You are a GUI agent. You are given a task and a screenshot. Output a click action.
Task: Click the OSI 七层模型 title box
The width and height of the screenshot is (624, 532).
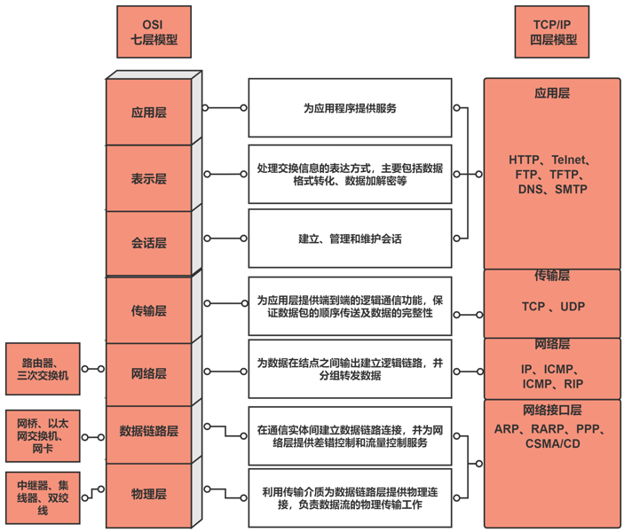pyautogui.click(x=148, y=32)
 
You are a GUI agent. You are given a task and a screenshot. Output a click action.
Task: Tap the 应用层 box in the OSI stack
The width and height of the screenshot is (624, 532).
pyautogui.click(x=148, y=113)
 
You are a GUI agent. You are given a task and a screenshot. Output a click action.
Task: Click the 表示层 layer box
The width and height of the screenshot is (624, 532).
pyautogui.click(x=148, y=178)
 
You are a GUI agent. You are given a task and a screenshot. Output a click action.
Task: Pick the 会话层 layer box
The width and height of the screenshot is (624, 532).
pyautogui.click(x=148, y=242)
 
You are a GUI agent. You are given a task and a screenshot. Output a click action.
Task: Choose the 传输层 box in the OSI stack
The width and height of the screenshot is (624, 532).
pyautogui.click(x=148, y=310)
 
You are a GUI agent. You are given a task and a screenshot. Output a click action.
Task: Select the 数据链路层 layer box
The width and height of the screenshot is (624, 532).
pyautogui.click(x=148, y=431)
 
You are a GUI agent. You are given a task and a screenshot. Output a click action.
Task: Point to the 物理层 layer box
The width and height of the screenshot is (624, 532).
pyautogui.click(x=148, y=494)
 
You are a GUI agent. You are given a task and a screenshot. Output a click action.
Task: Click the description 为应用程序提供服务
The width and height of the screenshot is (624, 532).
pyautogui.click(x=350, y=108)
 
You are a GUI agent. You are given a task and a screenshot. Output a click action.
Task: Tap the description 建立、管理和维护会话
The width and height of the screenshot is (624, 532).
pyautogui.click(x=350, y=239)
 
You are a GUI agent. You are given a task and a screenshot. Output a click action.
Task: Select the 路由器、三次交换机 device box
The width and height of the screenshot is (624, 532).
pyautogui.click(x=42, y=369)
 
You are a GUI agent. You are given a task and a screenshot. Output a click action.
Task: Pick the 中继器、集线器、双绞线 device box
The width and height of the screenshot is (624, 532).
pyautogui.click(x=42, y=497)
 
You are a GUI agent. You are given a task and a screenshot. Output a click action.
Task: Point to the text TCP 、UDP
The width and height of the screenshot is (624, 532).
pyautogui.click(x=552, y=307)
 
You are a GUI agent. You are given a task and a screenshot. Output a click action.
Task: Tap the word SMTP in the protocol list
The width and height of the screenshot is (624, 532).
pyautogui.click(x=571, y=189)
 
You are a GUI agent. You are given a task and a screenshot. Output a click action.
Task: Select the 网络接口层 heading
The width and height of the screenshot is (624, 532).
pyautogui.click(x=552, y=410)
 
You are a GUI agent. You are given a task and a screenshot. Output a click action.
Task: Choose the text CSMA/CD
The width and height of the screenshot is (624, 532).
pyautogui.click(x=552, y=443)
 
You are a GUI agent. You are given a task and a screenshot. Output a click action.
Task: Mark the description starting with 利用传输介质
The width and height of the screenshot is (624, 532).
pyautogui.click(x=350, y=497)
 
